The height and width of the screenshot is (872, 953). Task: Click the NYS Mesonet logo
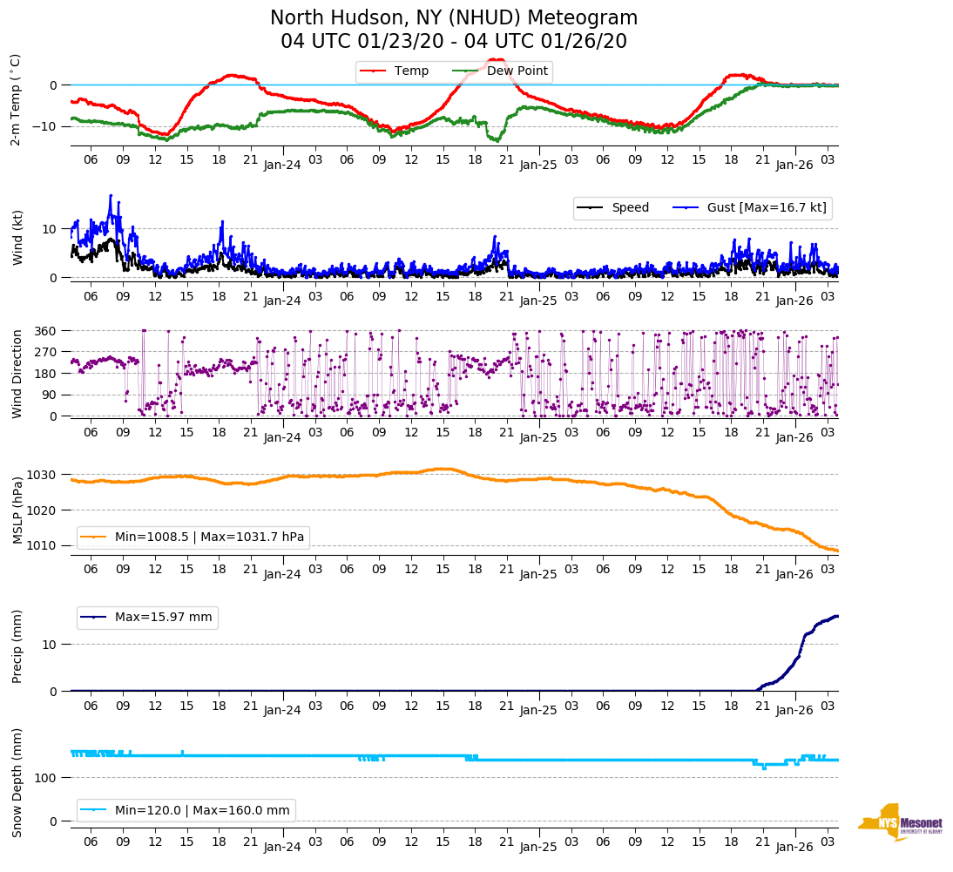(900, 822)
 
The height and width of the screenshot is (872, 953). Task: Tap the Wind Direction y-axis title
(17, 373)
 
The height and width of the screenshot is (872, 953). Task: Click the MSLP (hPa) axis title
(17, 510)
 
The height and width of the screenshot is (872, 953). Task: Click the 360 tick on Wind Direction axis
(46, 331)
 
